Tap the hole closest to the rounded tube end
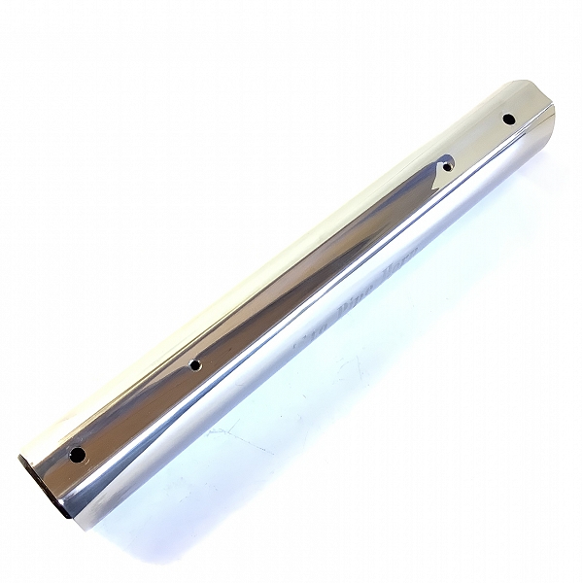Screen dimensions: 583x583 (508, 119)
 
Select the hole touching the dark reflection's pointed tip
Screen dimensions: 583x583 (447, 167)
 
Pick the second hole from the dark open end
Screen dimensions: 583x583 (195, 365)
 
